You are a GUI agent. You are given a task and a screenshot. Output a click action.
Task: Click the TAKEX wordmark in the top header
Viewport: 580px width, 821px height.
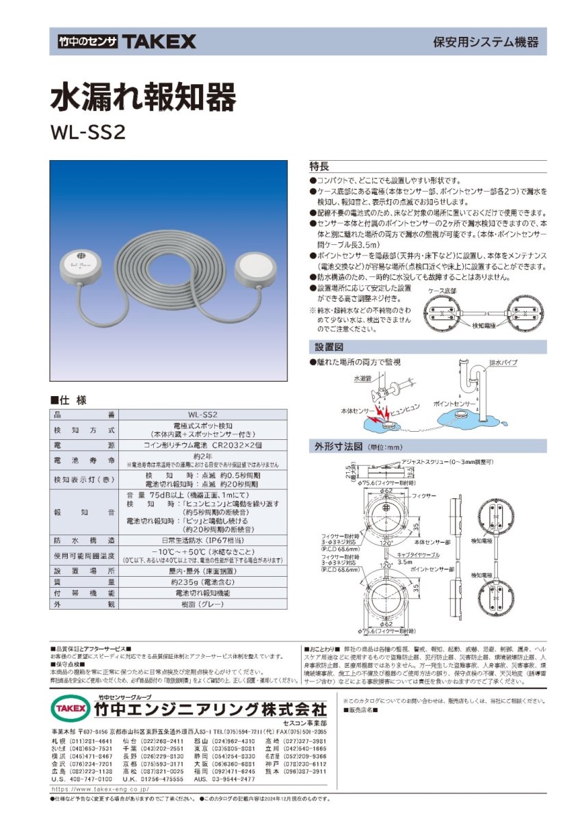(159, 42)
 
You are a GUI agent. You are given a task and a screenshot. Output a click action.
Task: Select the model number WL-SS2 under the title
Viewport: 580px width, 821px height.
(88, 132)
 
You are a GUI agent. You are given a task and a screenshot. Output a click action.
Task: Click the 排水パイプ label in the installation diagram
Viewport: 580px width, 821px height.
(503, 363)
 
